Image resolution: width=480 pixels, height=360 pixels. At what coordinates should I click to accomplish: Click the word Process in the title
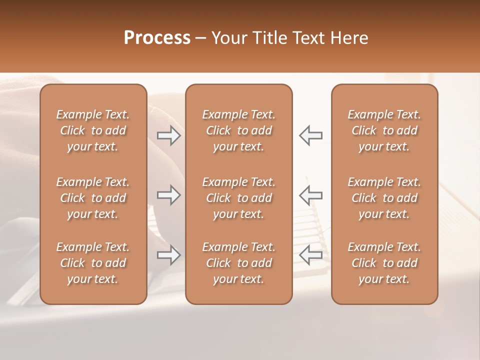157,38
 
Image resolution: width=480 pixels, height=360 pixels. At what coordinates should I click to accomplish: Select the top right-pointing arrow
169,135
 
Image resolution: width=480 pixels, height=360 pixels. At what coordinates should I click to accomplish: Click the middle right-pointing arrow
169,195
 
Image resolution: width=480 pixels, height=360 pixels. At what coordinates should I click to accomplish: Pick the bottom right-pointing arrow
169,255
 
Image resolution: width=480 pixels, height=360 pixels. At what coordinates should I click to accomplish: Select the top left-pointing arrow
311,135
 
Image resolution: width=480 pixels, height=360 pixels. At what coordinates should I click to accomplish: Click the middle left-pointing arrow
311,195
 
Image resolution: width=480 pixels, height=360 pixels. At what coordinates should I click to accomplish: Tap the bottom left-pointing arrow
311,255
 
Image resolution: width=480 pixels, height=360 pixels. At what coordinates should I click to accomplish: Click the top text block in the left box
93,130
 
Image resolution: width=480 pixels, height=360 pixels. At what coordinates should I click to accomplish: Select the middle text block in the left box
93,198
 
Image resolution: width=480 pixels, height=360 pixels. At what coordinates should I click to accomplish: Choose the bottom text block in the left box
93,263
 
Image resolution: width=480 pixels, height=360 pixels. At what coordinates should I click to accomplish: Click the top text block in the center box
239,130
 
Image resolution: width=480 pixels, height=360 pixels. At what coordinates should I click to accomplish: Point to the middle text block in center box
239,198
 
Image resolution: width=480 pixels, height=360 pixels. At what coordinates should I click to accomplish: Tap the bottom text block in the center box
239,263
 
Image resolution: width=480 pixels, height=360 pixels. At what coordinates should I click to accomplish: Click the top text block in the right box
384,130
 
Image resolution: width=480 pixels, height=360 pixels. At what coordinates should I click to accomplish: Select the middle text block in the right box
384,198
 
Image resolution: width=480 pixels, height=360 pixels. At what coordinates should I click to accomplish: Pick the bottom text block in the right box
384,263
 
